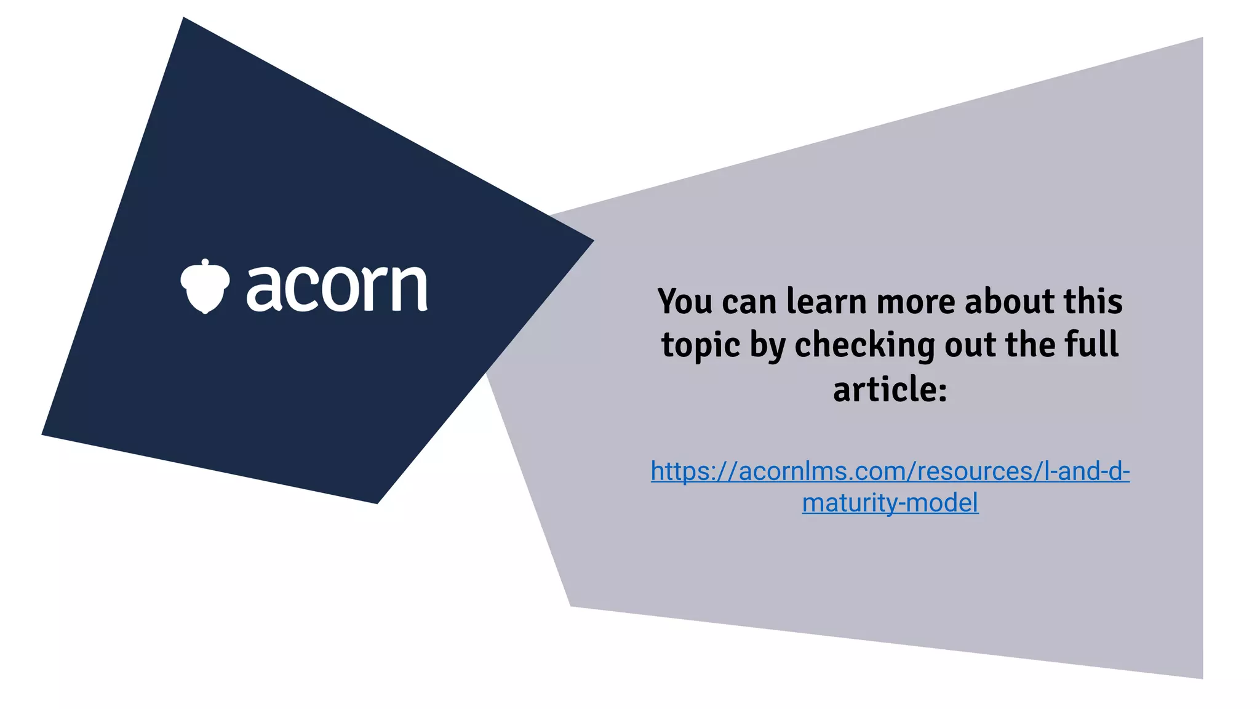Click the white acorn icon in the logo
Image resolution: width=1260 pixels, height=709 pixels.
point(205,287)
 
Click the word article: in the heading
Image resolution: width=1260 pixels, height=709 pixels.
point(890,390)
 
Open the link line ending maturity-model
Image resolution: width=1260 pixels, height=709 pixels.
point(890,503)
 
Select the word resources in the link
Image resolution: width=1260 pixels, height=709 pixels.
point(972,471)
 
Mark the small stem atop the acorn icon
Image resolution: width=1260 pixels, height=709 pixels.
point(205,263)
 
